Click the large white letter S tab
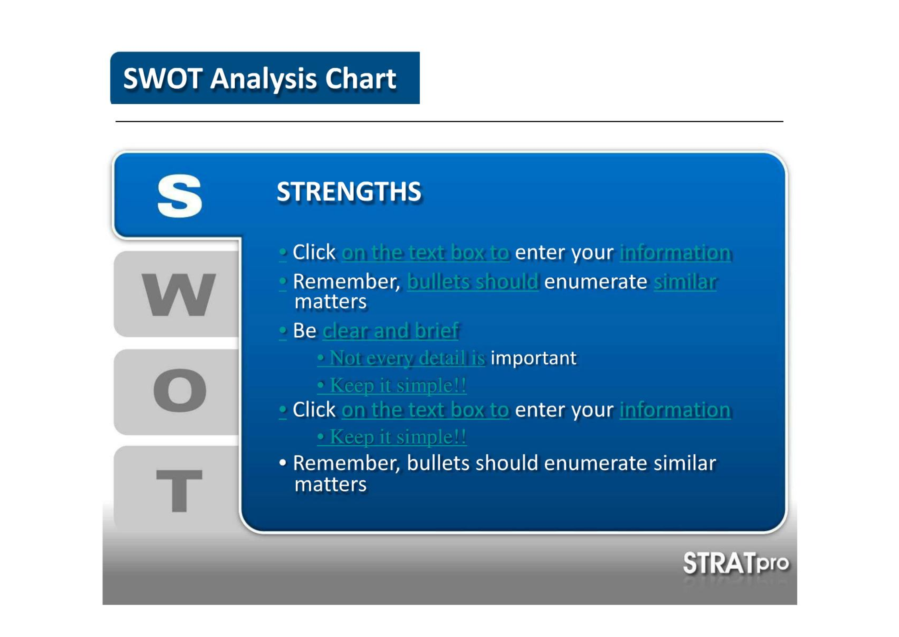point(180,196)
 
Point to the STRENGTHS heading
point(349,191)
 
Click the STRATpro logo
point(735,563)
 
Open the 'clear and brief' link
point(391,331)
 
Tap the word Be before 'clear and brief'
point(305,331)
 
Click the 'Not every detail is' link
point(407,358)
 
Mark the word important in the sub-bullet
point(533,358)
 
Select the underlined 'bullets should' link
point(473,282)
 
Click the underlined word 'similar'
point(685,282)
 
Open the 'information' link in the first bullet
point(675,253)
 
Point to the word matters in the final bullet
point(331,485)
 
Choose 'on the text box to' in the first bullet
point(426,253)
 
